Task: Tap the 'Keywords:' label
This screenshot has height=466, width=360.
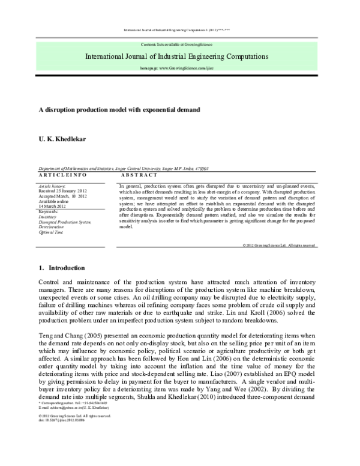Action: (x=50, y=212)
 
